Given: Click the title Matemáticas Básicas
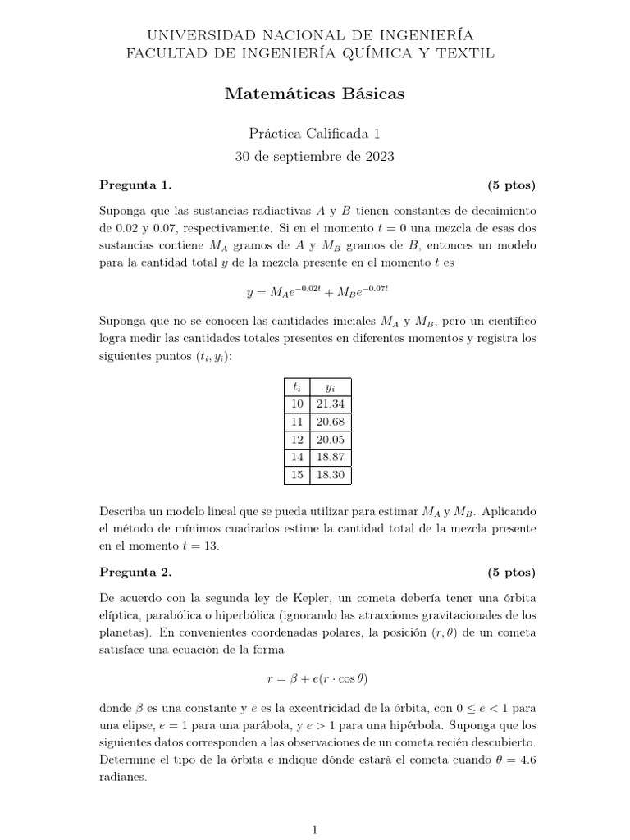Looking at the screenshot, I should (314, 95).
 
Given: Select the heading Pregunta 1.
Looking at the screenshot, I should (135, 183).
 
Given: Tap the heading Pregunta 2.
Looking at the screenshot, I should (135, 572).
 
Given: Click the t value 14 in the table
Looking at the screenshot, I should (297, 457).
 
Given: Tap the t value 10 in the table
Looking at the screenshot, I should (297, 404).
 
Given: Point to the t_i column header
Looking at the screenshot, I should (297, 386).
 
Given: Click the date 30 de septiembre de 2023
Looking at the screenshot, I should (314, 157).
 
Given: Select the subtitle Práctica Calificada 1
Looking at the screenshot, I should (314, 134).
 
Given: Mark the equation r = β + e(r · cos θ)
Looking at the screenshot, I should (314, 678).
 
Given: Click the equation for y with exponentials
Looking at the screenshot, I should (315, 291).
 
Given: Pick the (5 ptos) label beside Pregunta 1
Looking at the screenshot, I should (510, 183).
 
